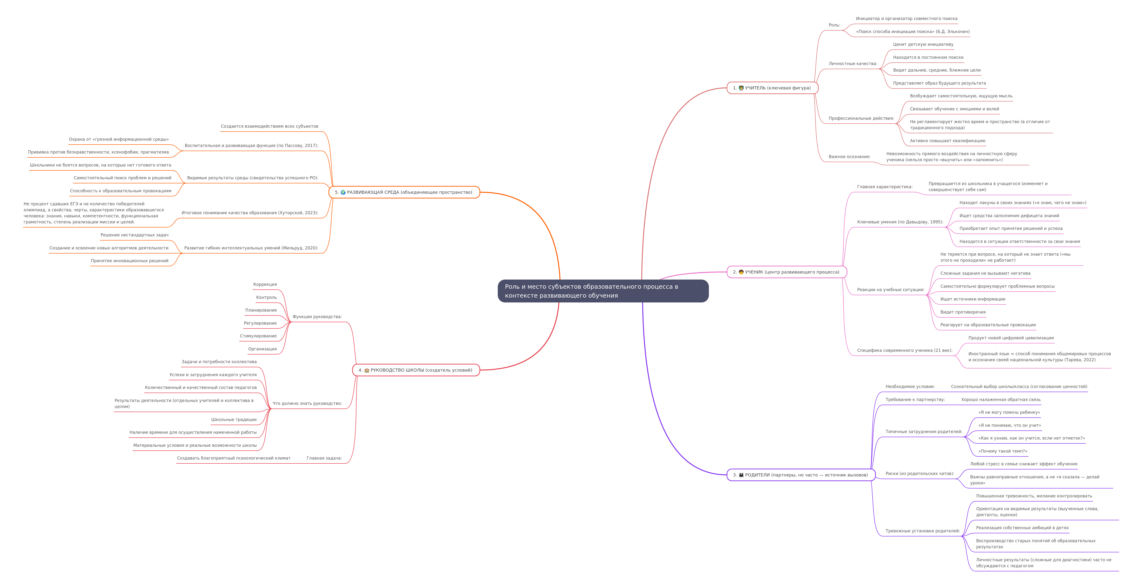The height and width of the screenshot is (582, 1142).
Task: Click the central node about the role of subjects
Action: point(603,291)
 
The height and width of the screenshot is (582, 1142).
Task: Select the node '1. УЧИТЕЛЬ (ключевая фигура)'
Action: point(772,88)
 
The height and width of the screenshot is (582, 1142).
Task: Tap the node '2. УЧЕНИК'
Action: point(786,272)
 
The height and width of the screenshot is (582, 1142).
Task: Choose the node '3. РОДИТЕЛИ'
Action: point(801,475)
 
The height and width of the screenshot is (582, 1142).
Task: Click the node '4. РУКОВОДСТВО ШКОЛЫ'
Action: point(416,370)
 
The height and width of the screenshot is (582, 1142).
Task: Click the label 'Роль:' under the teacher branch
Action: point(834,25)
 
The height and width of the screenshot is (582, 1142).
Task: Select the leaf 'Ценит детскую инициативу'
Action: point(923,44)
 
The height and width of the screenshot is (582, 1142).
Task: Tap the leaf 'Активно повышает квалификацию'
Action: point(947,141)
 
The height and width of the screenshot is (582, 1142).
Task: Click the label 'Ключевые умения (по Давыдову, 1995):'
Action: point(900,222)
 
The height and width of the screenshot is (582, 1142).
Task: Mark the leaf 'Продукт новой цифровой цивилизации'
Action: point(1011,338)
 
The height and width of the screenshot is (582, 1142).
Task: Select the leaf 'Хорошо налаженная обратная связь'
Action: point(1001,400)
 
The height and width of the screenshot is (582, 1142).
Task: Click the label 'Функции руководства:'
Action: point(317,317)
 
